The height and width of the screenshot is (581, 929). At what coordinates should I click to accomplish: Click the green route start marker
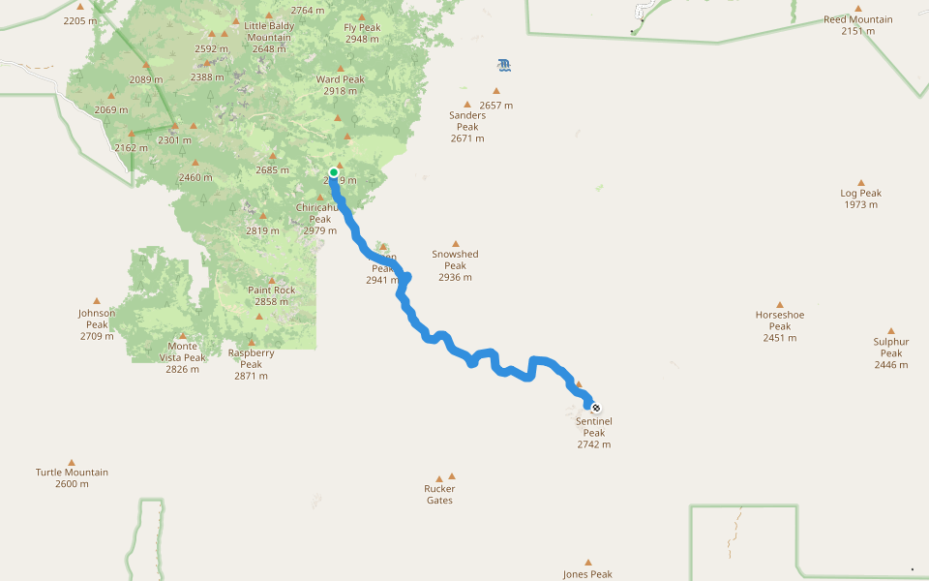click(x=334, y=172)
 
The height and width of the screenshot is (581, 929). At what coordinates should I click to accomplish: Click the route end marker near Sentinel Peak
click(x=595, y=408)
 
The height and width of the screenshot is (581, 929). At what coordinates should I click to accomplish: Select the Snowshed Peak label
click(x=455, y=265)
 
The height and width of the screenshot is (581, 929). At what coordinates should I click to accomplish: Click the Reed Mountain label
click(x=858, y=24)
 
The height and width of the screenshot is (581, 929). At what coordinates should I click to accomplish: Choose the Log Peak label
click(x=860, y=199)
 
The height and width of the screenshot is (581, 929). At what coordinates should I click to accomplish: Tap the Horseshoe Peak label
click(x=780, y=325)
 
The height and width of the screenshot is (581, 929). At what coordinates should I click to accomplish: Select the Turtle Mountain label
click(x=72, y=477)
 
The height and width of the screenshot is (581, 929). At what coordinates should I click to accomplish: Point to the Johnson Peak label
click(x=97, y=324)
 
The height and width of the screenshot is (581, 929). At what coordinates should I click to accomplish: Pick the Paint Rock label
click(x=272, y=295)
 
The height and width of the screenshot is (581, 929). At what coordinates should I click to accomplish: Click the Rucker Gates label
click(x=439, y=494)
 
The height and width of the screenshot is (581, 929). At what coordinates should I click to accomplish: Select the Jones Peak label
click(x=588, y=574)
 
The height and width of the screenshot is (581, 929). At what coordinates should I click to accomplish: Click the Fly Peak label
click(x=362, y=33)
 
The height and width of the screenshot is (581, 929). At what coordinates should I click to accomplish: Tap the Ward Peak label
click(x=341, y=84)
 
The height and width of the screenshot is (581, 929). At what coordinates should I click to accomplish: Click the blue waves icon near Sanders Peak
click(x=503, y=65)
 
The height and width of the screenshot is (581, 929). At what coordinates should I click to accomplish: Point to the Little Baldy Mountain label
click(x=268, y=37)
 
